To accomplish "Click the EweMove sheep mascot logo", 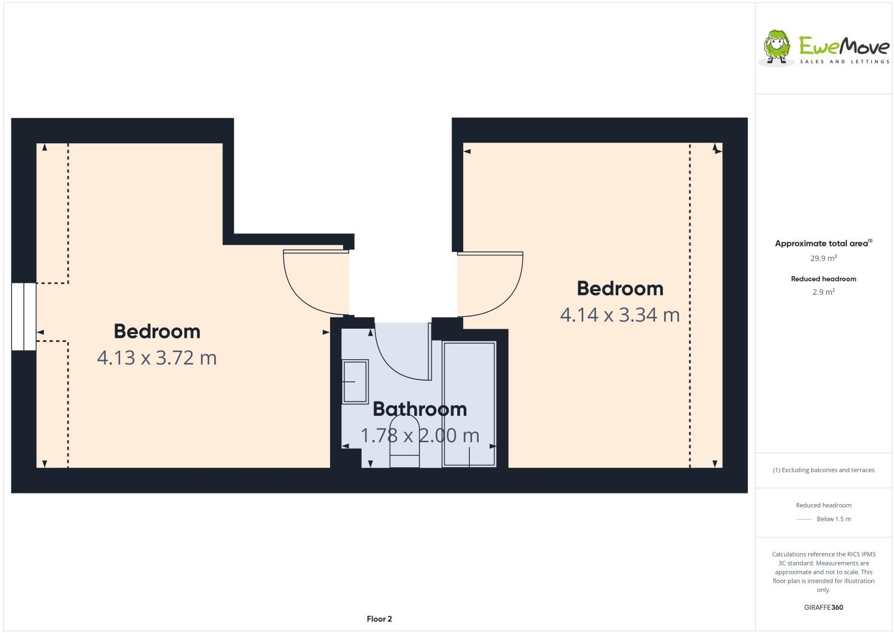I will tap(776, 47).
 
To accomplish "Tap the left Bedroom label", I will tap(157, 331).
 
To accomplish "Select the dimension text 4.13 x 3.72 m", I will tap(157, 358).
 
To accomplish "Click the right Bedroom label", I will tap(620, 288).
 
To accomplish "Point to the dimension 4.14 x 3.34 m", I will tap(620, 314).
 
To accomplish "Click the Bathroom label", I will tap(420, 409).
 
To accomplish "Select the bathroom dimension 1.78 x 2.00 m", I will tap(420, 436).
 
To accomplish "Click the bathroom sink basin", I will tap(355, 381).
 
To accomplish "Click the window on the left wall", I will tap(24, 316).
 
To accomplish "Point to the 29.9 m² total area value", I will tap(824, 258).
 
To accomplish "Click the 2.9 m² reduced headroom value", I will tap(824, 292).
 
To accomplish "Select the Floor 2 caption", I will tap(379, 619).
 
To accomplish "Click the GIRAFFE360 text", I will tap(824, 607).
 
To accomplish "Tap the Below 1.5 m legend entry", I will tap(833, 519).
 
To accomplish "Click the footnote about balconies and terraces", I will tap(824, 470).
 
